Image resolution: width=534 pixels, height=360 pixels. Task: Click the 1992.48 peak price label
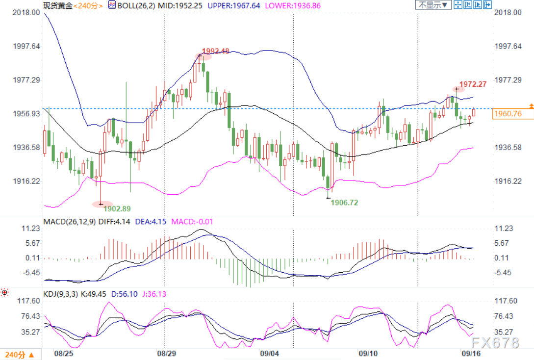pyautogui.click(x=216, y=51)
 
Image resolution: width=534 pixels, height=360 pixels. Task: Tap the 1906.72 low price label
pyautogui.click(x=344, y=202)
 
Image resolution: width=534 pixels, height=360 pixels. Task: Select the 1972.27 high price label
pyautogui.click(x=473, y=84)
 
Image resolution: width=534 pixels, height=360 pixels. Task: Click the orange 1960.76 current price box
pyautogui.click(x=507, y=114)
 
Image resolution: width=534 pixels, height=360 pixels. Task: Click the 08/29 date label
pyautogui.click(x=166, y=353)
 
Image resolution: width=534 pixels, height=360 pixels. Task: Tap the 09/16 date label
pyautogui.click(x=471, y=353)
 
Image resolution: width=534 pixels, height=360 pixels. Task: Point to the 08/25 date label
pyautogui.click(x=63, y=353)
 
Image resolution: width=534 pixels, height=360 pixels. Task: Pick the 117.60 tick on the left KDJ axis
pyautogui.click(x=28, y=301)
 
